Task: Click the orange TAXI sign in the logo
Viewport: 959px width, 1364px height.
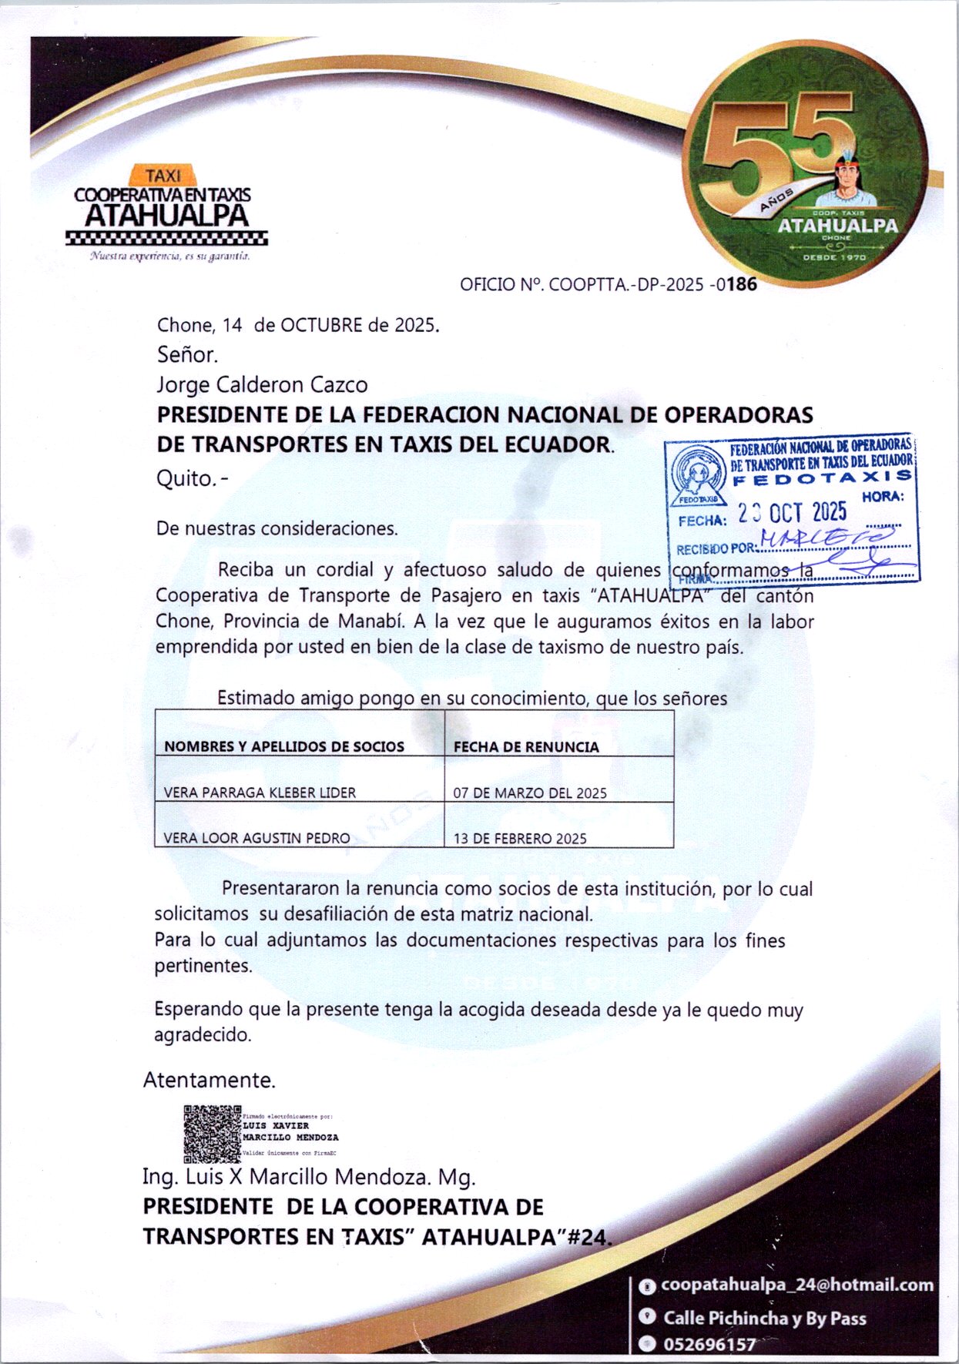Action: point(163,176)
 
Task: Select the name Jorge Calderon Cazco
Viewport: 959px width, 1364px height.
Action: point(262,384)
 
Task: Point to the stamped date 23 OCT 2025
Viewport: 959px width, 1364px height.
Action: point(792,513)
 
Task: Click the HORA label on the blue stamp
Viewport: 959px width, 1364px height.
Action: point(883,497)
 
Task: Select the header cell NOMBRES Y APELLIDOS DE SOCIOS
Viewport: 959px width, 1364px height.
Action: point(284,746)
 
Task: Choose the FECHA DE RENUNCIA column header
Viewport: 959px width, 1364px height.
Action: point(526,746)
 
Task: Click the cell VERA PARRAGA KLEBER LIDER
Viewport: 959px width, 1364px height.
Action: point(260,793)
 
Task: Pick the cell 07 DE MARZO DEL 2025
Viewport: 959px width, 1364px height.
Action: point(530,793)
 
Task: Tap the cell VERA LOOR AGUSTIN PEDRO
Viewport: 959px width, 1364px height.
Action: point(257,838)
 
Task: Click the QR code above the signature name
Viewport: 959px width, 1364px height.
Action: point(212,1134)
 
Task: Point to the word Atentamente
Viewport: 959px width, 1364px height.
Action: point(210,1080)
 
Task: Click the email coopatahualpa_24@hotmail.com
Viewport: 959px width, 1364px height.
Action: point(797,1285)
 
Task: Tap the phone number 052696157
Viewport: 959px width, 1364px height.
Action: point(709,1345)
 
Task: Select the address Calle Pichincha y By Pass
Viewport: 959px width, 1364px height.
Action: point(765,1318)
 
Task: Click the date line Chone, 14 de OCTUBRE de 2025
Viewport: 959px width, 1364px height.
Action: point(298,325)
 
